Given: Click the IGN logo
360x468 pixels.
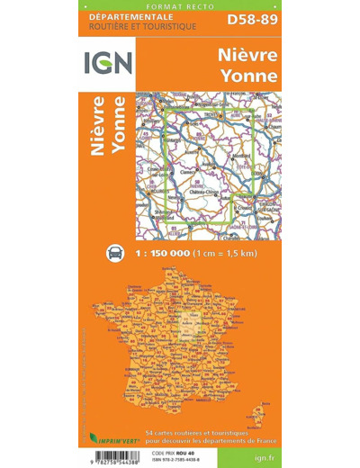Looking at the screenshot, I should click(110, 64).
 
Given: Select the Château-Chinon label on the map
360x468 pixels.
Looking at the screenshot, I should click(203, 193).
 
